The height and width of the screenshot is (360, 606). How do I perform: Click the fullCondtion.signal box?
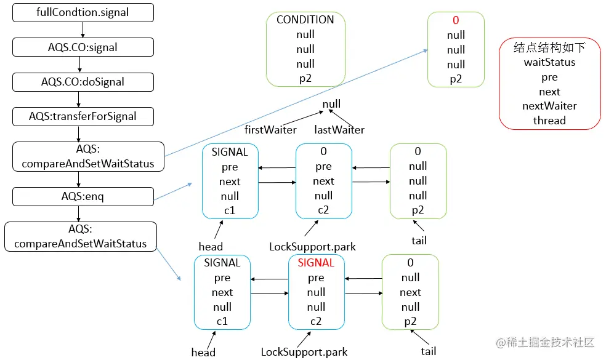(x=83, y=12)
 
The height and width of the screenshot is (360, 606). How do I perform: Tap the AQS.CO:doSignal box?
(x=83, y=81)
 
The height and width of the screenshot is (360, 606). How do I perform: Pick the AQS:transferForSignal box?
(x=83, y=116)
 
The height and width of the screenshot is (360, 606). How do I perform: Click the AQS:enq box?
(x=83, y=196)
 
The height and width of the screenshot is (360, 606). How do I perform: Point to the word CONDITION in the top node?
(x=305, y=20)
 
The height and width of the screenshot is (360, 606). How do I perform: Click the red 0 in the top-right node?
(x=456, y=20)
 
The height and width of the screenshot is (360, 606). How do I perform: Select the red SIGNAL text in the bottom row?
(x=316, y=263)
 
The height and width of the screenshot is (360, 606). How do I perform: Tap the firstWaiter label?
(x=270, y=130)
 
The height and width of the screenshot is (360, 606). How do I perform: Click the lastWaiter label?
(x=339, y=130)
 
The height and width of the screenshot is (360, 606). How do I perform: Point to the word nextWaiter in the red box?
(x=549, y=106)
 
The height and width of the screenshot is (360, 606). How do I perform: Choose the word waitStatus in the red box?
(x=549, y=62)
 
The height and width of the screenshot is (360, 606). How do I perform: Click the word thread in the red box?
(x=549, y=121)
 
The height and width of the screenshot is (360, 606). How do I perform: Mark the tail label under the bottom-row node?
(x=429, y=351)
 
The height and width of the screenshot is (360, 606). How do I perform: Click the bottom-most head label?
(x=203, y=353)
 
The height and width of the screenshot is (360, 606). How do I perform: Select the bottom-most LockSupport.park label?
(x=304, y=353)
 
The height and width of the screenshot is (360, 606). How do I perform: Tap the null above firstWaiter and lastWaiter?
(x=331, y=104)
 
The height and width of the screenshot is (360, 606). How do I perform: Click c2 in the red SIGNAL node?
(x=316, y=321)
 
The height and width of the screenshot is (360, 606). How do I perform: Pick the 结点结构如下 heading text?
(x=549, y=47)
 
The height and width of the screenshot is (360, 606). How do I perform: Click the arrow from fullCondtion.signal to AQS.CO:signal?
(x=83, y=29)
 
